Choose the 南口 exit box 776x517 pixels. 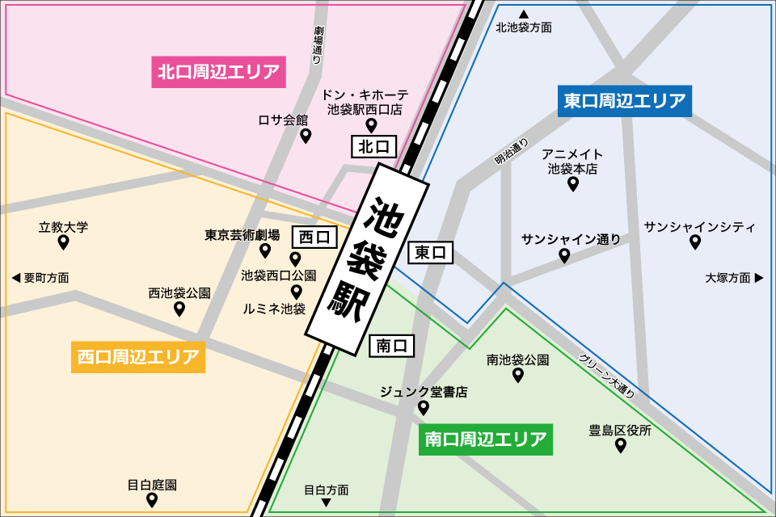tap(392, 346)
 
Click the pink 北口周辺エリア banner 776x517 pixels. tap(219, 72)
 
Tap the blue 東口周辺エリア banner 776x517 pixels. tap(625, 101)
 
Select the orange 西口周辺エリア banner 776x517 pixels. tap(138, 356)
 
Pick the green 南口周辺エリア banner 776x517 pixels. tap(486, 439)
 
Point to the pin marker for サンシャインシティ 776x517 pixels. tap(695, 242)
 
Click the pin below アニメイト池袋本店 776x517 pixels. tap(573, 184)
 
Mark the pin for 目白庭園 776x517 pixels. tap(151, 500)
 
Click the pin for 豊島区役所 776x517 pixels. tap(621, 445)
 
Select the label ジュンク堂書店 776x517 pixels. tap(424, 392)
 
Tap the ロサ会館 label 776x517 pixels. tap(283, 120)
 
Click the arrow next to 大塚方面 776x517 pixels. tap(758, 278)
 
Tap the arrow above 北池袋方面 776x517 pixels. tap(524, 14)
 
